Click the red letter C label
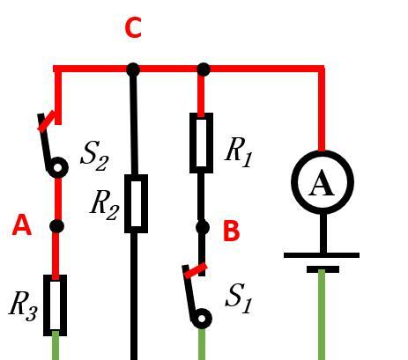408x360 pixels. point(133,27)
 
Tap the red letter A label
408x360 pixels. point(22,224)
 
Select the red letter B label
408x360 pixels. point(232,231)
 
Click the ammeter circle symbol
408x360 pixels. point(323,182)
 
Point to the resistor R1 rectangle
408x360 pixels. point(201,143)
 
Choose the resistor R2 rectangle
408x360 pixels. point(136,203)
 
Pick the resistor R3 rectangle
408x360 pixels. point(55,305)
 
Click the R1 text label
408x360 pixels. point(238,153)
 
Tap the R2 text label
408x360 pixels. point(105,205)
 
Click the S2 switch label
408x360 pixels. point(95,156)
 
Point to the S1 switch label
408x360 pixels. point(239,299)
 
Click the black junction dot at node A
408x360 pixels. point(56,226)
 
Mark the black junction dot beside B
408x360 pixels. point(202,228)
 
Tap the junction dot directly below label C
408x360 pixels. point(133,70)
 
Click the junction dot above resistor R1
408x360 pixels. point(204,70)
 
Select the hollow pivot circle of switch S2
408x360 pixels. point(58,168)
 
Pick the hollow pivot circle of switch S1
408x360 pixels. point(202,319)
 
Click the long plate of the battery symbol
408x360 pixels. point(322,255)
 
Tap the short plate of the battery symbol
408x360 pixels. point(323,269)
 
